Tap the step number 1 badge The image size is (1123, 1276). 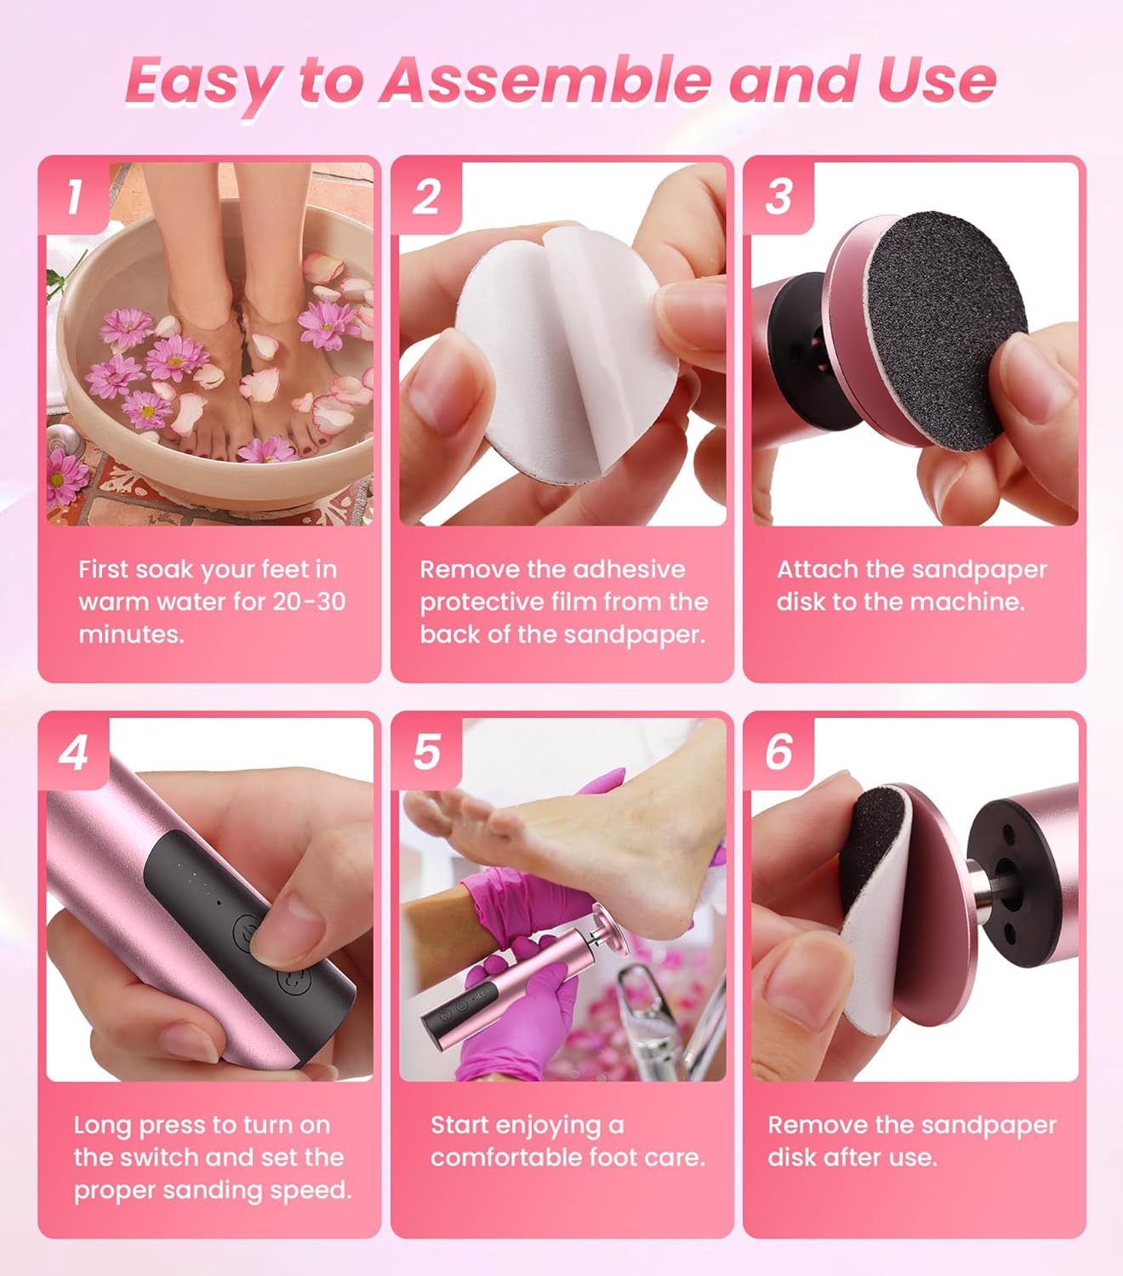[x=75, y=197]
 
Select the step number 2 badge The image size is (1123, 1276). [x=426, y=197]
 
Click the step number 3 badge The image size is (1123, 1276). [x=778, y=197]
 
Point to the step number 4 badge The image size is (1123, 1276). [x=74, y=752]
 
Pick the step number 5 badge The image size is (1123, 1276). [x=426, y=752]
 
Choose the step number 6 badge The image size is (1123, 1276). [x=778, y=752]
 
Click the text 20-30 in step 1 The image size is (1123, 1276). [x=308, y=601]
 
